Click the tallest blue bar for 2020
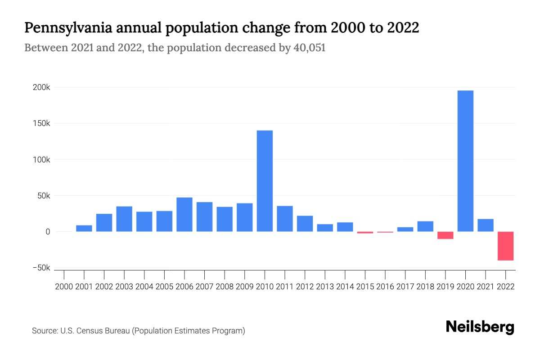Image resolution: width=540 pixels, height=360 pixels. click(x=465, y=161)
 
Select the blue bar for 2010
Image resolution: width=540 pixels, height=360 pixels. click(x=265, y=181)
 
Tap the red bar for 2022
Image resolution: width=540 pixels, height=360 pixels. click(x=505, y=246)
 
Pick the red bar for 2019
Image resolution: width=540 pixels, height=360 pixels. click(x=445, y=235)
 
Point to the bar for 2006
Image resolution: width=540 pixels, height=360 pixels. click(x=184, y=215)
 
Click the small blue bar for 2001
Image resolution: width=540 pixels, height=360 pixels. click(x=84, y=228)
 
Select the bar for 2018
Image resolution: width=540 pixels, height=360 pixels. click(x=425, y=226)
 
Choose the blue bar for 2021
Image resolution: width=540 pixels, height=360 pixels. click(x=486, y=225)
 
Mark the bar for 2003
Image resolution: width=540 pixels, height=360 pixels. click(x=124, y=219)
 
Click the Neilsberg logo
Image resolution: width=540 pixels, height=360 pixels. click(x=480, y=327)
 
